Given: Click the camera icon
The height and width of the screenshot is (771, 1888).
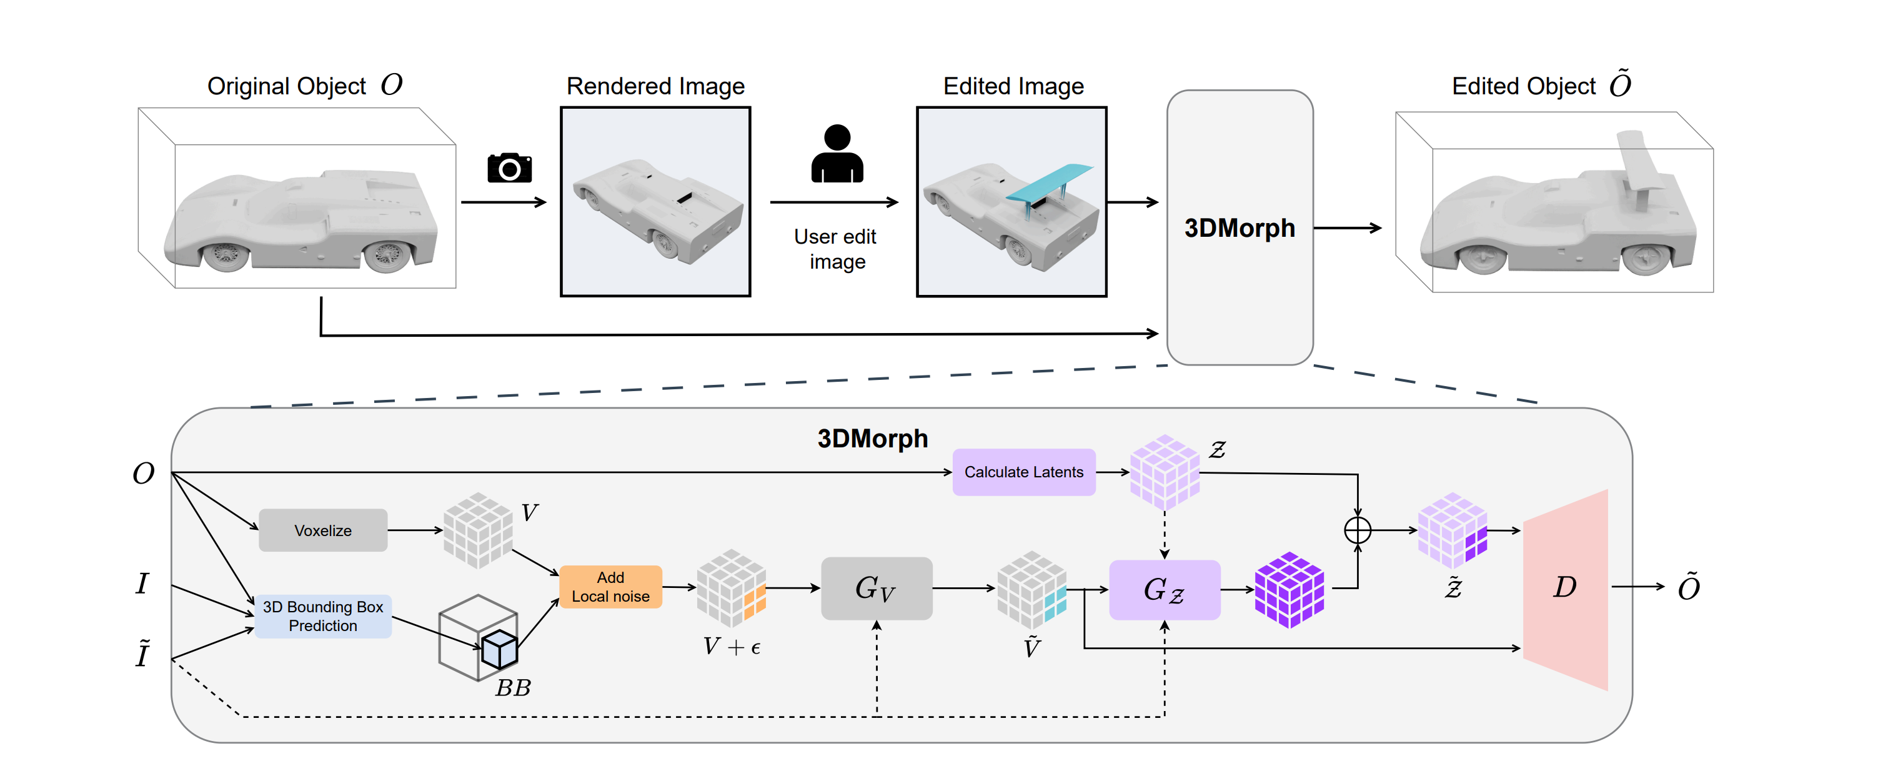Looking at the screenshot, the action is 509,168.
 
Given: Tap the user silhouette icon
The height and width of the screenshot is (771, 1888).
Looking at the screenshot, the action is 837,153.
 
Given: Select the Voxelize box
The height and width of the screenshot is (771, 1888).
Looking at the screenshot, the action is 322,530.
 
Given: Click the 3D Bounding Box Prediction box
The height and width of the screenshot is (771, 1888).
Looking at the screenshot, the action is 322,615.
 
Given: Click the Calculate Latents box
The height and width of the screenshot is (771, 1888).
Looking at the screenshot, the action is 1023,472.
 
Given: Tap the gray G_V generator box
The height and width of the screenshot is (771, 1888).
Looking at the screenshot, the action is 877,588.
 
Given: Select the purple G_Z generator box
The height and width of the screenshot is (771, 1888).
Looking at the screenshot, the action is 1165,589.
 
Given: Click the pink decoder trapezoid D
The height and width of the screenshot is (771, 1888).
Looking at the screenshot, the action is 1566,589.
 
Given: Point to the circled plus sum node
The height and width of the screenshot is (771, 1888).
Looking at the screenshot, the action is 1358,530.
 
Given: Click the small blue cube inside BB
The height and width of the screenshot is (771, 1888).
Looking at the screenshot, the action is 499,649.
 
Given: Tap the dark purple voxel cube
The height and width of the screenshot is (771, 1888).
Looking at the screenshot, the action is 1289,589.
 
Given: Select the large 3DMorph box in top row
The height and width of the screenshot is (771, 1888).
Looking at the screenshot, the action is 1240,227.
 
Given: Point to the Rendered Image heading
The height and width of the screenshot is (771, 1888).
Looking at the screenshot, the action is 655,86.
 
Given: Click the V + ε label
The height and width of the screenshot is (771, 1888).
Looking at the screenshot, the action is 732,647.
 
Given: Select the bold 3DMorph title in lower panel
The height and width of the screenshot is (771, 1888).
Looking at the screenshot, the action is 872,438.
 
